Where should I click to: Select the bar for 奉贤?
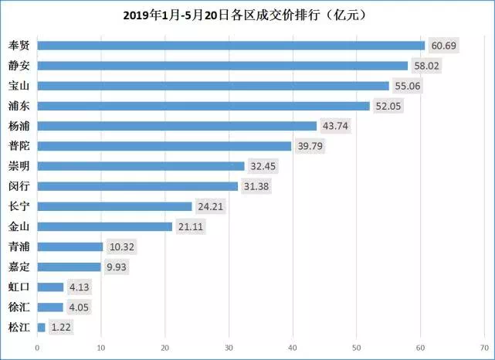pyautogui.click(x=231, y=46)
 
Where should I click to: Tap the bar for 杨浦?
pyautogui.click(x=177, y=126)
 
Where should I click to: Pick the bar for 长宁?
pyautogui.click(x=114, y=206)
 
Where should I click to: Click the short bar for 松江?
pyautogui.click(x=41, y=327)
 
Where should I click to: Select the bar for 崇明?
pyautogui.click(x=141, y=166)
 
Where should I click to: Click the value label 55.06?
pyautogui.click(x=408, y=86)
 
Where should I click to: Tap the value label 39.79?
pyautogui.click(x=310, y=146)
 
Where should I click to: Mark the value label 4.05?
pyautogui.click(x=80, y=307)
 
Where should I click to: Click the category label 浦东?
pyautogui.click(x=20, y=106)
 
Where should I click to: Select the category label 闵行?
pyautogui.click(x=20, y=186)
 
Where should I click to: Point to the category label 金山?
pyautogui.click(x=20, y=226)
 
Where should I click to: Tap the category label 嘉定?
pyautogui.click(x=20, y=267)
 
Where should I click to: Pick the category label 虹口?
pyautogui.click(x=20, y=287)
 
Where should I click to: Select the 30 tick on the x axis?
pyautogui.click(x=229, y=347)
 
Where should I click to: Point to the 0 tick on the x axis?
pyautogui.click(x=37, y=347)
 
